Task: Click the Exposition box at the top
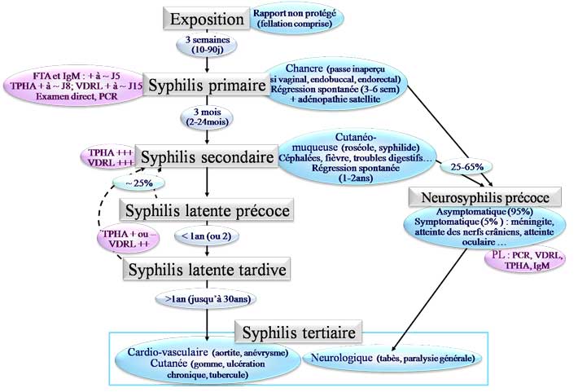point(208,20)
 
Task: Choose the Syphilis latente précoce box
point(206,210)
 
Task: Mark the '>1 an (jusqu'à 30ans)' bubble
point(206,299)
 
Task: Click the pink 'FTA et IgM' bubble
point(71,84)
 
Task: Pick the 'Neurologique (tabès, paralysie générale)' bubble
point(391,358)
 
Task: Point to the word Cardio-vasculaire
point(166,351)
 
